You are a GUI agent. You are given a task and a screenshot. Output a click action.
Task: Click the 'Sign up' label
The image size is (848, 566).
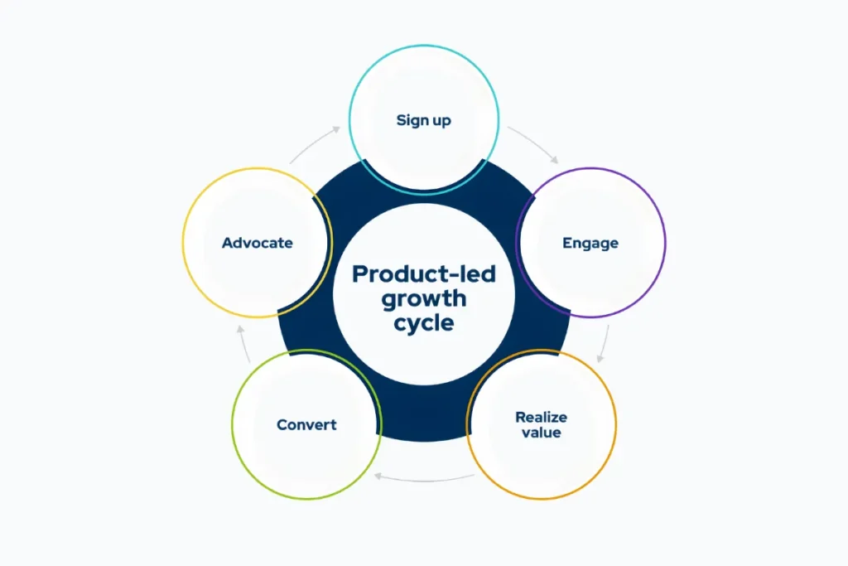pyautogui.click(x=423, y=120)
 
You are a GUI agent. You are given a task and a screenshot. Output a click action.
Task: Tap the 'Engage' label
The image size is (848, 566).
pyautogui.click(x=590, y=243)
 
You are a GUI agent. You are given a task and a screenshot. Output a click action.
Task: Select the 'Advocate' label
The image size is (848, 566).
pyautogui.click(x=257, y=243)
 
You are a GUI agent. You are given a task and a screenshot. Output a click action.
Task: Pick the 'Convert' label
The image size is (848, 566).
pyautogui.click(x=306, y=424)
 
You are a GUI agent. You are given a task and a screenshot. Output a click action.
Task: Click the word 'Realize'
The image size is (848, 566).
pyautogui.click(x=541, y=417)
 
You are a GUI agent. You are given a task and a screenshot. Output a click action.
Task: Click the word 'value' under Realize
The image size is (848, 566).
pyautogui.click(x=541, y=433)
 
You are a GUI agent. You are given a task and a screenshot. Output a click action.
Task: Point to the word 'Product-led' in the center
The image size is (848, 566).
pyautogui.click(x=423, y=274)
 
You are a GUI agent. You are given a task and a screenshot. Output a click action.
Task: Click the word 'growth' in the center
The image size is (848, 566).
pyautogui.click(x=423, y=298)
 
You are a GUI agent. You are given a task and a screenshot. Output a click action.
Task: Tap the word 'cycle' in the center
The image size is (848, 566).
pyautogui.click(x=423, y=322)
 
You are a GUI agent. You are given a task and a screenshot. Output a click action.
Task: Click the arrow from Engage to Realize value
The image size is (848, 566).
pyautogui.click(x=605, y=344)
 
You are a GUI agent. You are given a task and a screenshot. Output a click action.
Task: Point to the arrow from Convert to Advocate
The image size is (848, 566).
pyautogui.click(x=240, y=342)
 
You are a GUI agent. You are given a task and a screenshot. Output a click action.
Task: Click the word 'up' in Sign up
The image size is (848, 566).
pyautogui.click(x=441, y=121)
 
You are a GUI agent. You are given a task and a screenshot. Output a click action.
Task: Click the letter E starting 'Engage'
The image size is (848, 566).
pyautogui.click(x=567, y=243)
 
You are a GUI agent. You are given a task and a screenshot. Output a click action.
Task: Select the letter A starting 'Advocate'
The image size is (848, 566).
pyautogui.click(x=226, y=243)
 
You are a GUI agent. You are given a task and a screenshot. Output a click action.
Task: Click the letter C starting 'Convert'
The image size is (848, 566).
pyautogui.click(x=282, y=424)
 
